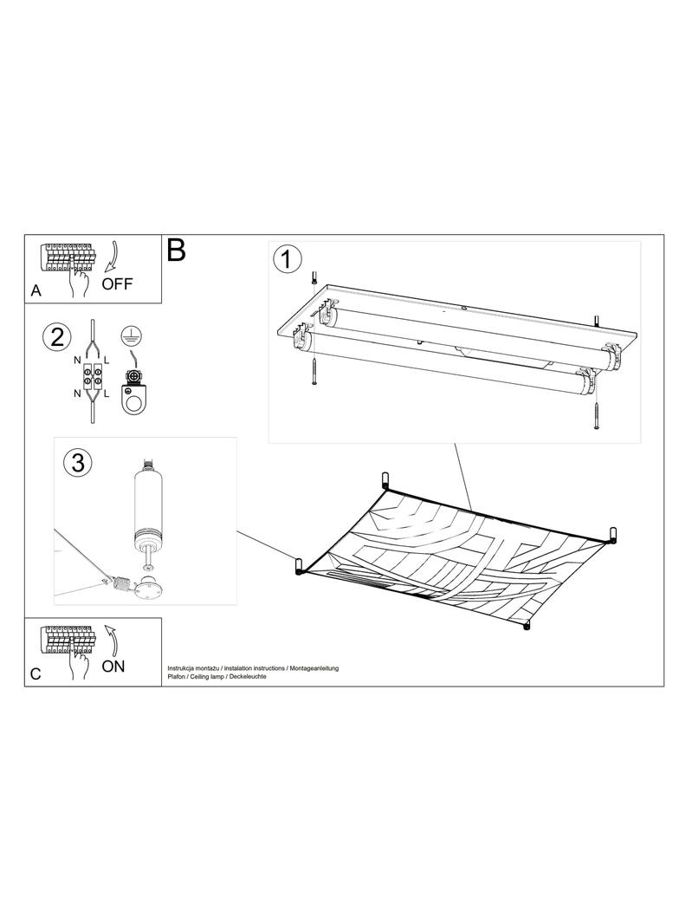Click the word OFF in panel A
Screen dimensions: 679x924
coord(117,284)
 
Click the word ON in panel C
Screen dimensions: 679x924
coord(113,667)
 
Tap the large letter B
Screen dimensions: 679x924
coord(177,250)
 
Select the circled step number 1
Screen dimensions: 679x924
coord(288,259)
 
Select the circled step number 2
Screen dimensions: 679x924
coord(57,338)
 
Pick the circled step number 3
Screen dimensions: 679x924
coord(78,463)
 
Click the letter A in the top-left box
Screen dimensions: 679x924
coord(36,290)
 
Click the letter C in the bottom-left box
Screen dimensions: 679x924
coord(36,673)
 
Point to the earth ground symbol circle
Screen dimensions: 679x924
coord(132,335)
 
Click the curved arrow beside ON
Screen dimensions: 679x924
coord(112,640)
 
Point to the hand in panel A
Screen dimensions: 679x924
coord(78,281)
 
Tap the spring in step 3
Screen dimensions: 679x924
coord(120,584)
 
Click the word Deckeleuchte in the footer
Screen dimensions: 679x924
coord(248,676)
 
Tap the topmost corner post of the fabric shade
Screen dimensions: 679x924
coord(385,480)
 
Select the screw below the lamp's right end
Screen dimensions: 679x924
coord(597,415)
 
